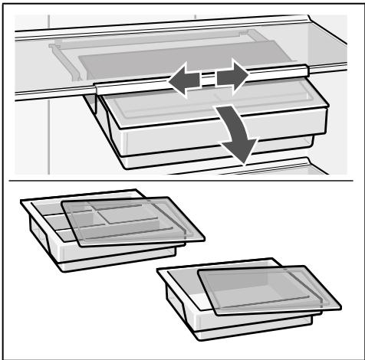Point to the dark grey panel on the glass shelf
[176, 58]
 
